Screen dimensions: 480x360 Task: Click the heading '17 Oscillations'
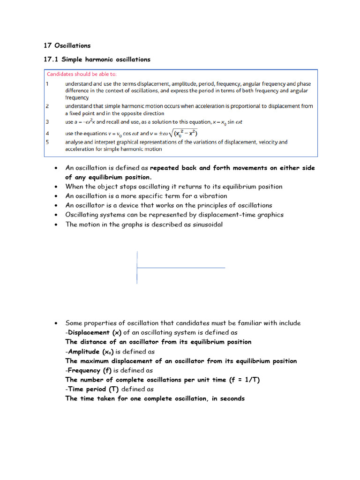pos(67,45)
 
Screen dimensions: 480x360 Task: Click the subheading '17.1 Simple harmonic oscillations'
pos(97,60)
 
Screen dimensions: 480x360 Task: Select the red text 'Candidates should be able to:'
pos(82,74)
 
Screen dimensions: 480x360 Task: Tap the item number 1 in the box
pos(47,84)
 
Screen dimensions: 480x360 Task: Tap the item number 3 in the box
pos(47,122)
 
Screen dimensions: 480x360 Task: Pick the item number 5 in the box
pos(47,142)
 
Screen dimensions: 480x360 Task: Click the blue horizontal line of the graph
pos(181,268)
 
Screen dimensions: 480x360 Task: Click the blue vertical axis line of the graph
pos(137,267)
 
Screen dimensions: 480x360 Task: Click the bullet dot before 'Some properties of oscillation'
pos(56,323)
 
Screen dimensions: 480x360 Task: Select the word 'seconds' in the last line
pos(229,398)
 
